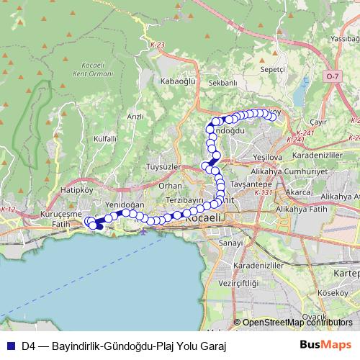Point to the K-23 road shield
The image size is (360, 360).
pos(158,46)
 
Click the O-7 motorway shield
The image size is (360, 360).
pos(331,75)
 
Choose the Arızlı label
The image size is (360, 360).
pos(135,116)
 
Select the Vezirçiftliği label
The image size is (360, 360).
pos(255,284)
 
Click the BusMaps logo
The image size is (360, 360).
pos(325,346)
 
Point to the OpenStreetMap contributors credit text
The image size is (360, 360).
pos(297,323)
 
